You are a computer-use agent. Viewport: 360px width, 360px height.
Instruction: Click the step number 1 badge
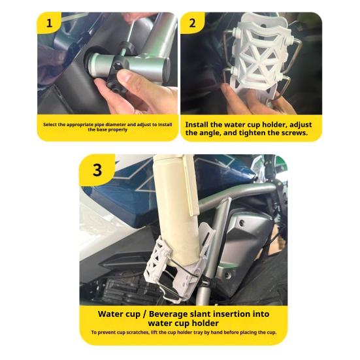pyautogui.click(x=49, y=23)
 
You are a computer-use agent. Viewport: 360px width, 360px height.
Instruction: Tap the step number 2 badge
pyautogui.click(x=192, y=23)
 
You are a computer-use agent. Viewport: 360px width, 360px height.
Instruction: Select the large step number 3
pyautogui.click(x=97, y=170)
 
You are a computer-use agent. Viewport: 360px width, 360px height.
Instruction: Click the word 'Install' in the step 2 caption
pyautogui.click(x=197, y=125)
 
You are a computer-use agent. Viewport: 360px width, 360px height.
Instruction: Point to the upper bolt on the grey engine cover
pyautogui.click(x=241, y=223)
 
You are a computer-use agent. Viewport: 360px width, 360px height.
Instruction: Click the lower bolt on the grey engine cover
pyautogui.click(x=228, y=275)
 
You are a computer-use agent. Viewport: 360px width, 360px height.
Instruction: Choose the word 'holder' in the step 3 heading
pyautogui.click(x=205, y=323)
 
